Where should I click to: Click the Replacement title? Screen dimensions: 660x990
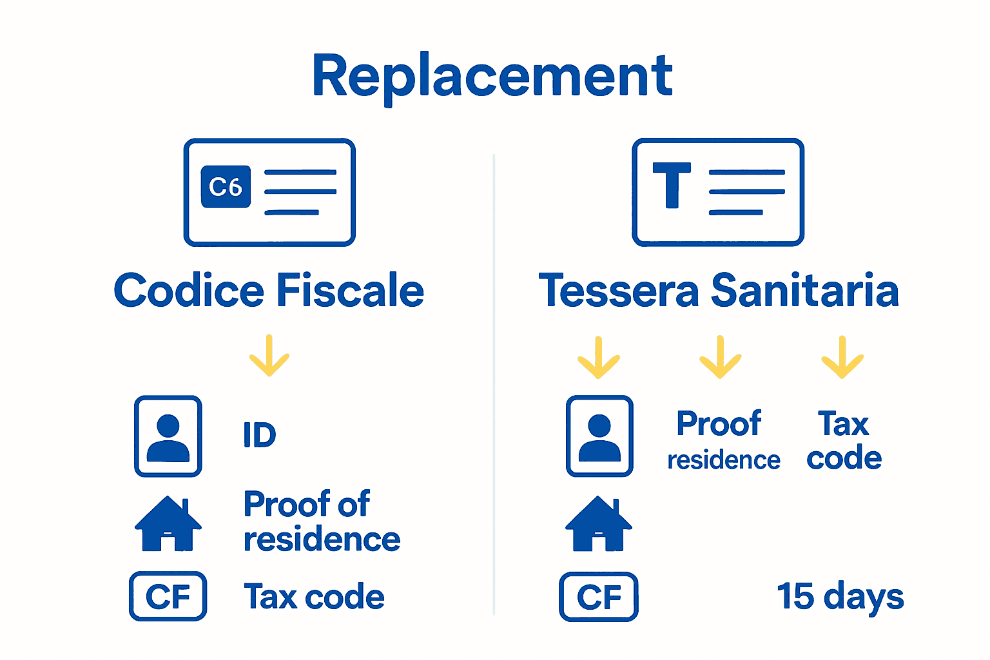tap(493, 76)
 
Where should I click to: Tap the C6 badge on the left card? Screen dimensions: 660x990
tap(226, 187)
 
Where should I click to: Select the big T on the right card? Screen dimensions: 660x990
tap(672, 185)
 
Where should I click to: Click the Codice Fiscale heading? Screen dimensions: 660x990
tap(269, 291)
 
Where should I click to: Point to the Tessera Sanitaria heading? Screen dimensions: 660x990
tap(719, 291)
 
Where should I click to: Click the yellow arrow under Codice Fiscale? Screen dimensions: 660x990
tap(269, 356)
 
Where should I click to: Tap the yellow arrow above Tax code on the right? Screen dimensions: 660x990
tap(842, 358)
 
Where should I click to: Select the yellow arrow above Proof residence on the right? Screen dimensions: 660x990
tap(721, 358)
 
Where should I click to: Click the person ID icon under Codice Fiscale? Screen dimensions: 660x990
tap(168, 436)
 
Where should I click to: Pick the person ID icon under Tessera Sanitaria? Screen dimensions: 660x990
tap(599, 436)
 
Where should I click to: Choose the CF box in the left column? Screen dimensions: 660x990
tap(168, 597)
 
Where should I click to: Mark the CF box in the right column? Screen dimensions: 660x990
tap(599, 597)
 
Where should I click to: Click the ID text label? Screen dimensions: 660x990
tap(260, 435)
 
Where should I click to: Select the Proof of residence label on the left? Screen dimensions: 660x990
tap(321, 521)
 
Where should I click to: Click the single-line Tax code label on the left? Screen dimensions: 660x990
tap(314, 597)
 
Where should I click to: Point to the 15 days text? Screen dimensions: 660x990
tap(840, 597)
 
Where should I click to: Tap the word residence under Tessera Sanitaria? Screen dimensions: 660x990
tap(723, 460)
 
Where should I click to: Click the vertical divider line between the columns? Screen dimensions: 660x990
tap(494, 387)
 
